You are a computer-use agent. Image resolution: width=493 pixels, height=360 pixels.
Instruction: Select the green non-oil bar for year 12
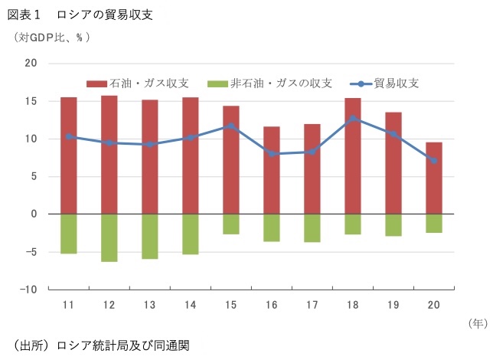point(109,237)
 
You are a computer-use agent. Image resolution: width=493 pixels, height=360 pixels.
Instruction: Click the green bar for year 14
point(191,234)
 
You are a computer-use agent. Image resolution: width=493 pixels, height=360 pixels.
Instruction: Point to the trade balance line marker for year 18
point(353,119)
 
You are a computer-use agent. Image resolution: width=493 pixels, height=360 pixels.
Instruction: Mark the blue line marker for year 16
point(272,154)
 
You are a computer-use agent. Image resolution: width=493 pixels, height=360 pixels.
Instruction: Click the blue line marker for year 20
point(434,161)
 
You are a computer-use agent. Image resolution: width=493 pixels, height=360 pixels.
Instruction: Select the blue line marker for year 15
point(231,126)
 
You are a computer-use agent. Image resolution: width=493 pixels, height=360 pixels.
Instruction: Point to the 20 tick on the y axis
point(31,64)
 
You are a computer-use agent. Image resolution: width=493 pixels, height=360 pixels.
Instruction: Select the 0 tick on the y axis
point(34,214)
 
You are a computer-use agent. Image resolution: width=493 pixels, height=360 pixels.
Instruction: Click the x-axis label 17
point(312,305)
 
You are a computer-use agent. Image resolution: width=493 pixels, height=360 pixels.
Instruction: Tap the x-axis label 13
point(150,305)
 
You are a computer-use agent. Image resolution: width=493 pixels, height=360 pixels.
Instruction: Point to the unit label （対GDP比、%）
point(51,36)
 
